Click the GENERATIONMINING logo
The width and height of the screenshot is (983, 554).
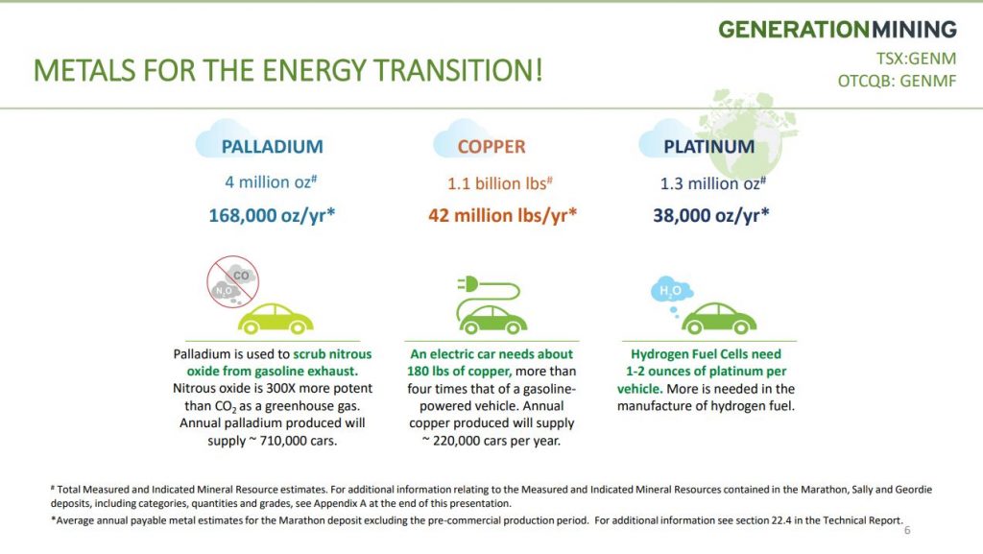click(x=837, y=30)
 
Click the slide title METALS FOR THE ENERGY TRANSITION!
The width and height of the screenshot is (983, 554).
click(x=288, y=70)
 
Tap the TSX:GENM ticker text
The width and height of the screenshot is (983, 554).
click(x=916, y=59)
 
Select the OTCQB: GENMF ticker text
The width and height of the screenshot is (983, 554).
click(x=898, y=81)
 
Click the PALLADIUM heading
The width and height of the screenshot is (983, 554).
click(x=272, y=147)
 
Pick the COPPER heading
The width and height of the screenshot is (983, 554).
click(x=491, y=147)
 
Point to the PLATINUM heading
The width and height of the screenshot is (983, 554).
click(x=709, y=147)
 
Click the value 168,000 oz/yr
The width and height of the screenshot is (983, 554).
click(x=272, y=216)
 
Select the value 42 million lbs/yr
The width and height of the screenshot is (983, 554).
click(x=502, y=216)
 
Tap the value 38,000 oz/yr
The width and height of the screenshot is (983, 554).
click(x=711, y=216)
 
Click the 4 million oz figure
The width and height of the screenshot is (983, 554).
click(x=271, y=181)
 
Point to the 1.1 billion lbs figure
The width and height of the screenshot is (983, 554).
click(x=499, y=183)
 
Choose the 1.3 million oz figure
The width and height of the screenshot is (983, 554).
click(x=713, y=183)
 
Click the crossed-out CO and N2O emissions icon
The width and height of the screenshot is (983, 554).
click(x=232, y=281)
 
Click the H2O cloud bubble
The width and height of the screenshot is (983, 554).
click(x=671, y=290)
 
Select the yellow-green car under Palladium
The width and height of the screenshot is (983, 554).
click(x=276, y=319)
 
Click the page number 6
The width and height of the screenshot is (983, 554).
click(x=906, y=530)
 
